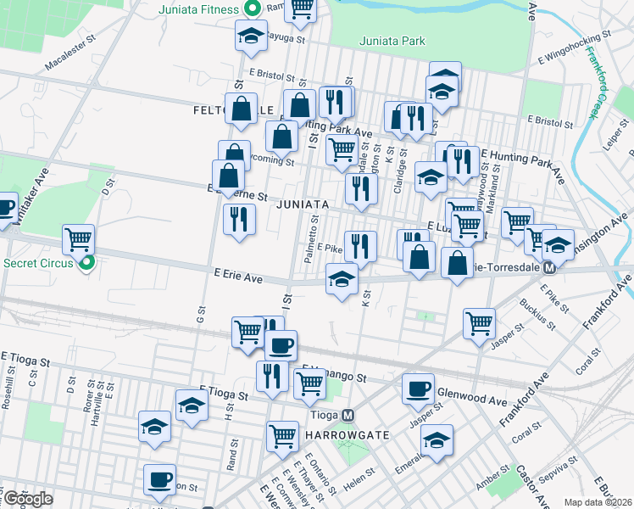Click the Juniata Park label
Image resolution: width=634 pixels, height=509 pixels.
tap(391, 41)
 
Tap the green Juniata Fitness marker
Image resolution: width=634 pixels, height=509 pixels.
tap(252, 10)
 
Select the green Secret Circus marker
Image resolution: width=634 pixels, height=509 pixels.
tap(86, 263)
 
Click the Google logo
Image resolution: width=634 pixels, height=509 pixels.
tap(28, 499)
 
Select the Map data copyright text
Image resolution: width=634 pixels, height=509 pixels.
tap(598, 502)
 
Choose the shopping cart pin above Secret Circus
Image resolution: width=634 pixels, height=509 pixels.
tap(79, 239)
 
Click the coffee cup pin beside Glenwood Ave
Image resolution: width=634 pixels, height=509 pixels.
tap(417, 388)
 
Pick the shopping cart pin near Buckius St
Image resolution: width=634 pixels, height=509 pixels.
tap(479, 322)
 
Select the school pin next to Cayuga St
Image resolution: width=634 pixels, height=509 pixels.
tap(250, 35)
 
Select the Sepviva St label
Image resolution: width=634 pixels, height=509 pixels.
tap(560, 466)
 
